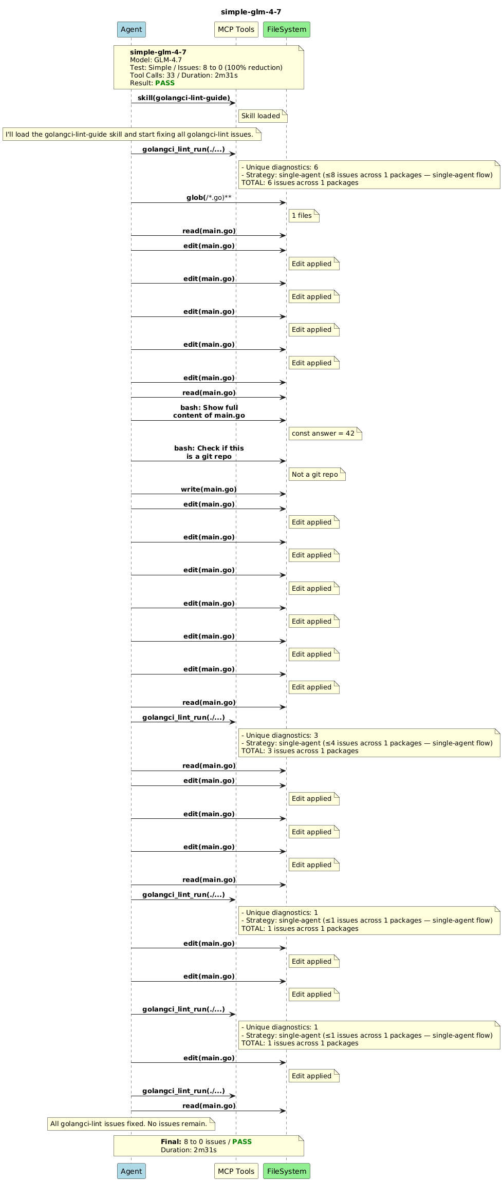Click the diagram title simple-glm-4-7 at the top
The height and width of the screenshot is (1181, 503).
tap(251, 12)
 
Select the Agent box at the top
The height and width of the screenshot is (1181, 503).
tap(132, 29)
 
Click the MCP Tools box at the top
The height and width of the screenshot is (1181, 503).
tap(236, 29)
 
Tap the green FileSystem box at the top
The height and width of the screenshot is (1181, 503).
tap(287, 29)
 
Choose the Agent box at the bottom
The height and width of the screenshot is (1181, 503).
tap(132, 1171)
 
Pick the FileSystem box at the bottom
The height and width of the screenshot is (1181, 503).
tap(287, 1171)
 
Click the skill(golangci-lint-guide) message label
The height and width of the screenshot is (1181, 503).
tap(183, 98)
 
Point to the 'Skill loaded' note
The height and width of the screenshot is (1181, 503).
tap(263, 116)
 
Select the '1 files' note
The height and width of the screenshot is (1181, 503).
tap(304, 215)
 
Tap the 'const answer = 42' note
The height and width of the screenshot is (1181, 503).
tap(325, 433)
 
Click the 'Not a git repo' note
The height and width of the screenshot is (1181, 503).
tap(316, 474)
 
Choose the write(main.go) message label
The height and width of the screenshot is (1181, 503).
tap(209, 489)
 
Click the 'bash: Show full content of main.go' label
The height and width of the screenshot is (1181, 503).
tap(209, 411)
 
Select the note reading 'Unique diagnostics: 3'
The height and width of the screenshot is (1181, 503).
tap(369, 743)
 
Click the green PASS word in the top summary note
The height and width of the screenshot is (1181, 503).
tap(165, 83)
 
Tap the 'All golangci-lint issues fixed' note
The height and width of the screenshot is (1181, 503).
tap(131, 1123)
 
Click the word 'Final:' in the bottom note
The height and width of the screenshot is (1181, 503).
tap(171, 1141)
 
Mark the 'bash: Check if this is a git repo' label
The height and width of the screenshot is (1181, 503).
tap(209, 452)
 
